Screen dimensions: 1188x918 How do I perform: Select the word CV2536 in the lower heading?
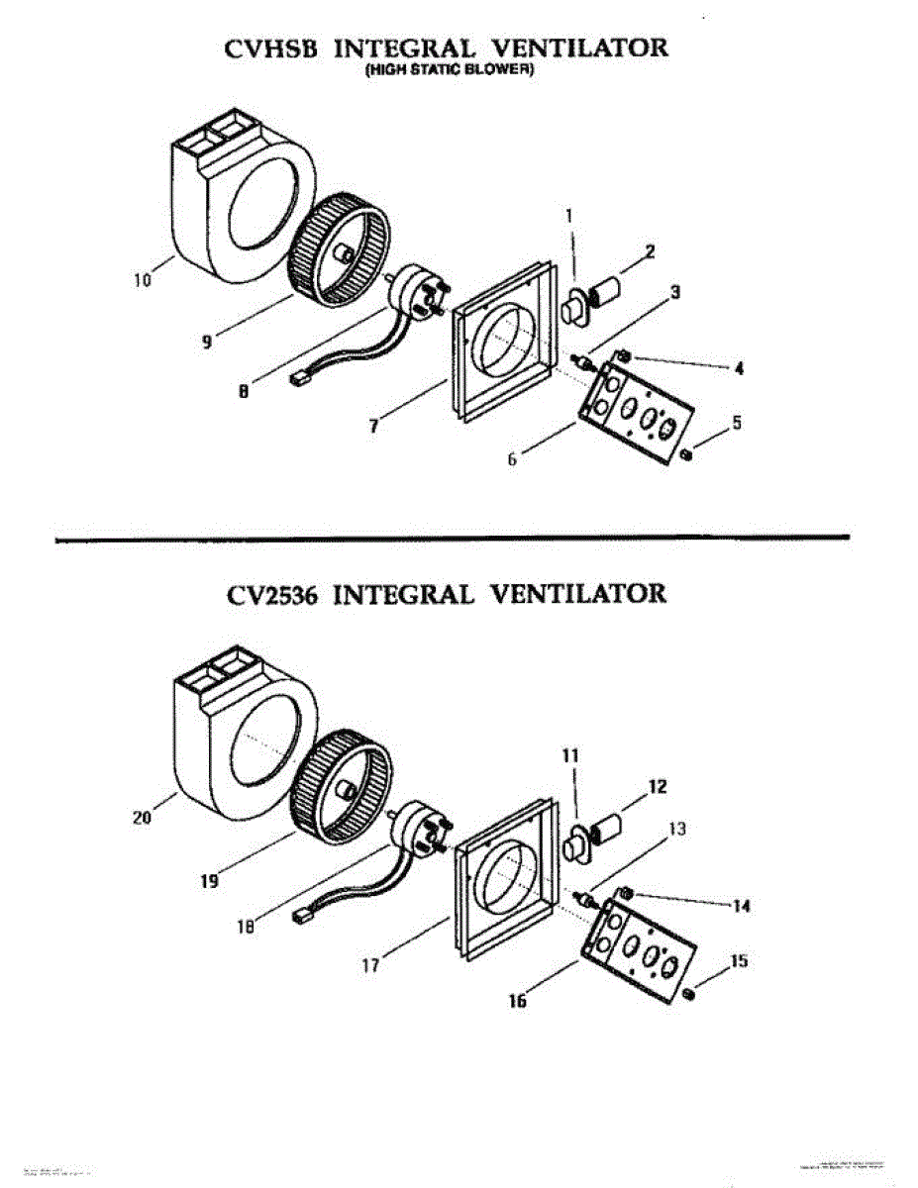tap(271, 593)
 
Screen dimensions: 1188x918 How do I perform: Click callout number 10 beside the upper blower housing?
tap(144, 280)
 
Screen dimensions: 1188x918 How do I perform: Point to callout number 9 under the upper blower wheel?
tap(206, 342)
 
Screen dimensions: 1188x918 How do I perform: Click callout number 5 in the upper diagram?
tap(737, 423)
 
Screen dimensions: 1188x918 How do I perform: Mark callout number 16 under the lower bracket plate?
tap(517, 1001)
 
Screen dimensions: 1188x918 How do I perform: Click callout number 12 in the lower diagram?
tap(658, 788)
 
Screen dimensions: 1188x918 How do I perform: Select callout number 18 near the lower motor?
tap(246, 927)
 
